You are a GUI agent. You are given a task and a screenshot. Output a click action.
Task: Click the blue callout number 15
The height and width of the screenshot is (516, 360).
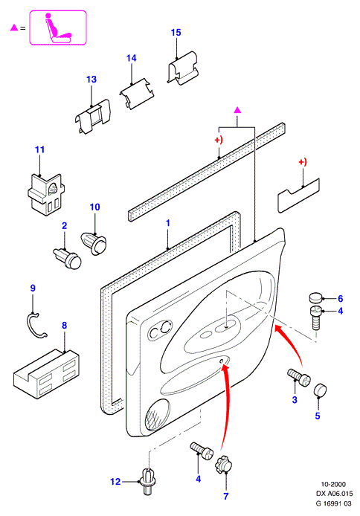(x=176, y=33)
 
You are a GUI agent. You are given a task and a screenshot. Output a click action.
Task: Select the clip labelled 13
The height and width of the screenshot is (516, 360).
(x=92, y=116)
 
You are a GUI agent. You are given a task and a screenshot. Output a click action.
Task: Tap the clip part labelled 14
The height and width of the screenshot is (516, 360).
(x=137, y=94)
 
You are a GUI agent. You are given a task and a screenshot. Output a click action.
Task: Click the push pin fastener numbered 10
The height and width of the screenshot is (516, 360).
(x=94, y=243)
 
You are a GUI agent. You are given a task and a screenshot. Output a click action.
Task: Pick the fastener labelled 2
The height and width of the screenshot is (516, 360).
(x=68, y=259)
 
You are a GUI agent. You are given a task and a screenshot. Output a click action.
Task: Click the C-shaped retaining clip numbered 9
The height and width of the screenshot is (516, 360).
(x=36, y=326)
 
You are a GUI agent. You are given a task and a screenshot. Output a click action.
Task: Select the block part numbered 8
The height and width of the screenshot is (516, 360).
(x=46, y=373)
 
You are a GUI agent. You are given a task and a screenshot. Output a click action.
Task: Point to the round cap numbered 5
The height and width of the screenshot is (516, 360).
(x=320, y=390)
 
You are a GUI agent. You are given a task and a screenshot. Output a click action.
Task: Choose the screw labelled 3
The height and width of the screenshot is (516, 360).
(x=299, y=377)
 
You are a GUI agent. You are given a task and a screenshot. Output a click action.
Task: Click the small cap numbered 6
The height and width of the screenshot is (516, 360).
(x=316, y=298)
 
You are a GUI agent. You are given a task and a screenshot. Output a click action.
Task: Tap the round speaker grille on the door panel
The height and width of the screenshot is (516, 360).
(x=158, y=414)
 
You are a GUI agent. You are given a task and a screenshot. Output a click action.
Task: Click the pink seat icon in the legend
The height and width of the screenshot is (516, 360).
(x=58, y=28)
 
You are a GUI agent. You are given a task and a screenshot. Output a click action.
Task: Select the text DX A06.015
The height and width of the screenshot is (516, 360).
(x=334, y=494)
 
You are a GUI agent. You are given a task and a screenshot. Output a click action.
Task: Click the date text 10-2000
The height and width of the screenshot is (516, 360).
(x=333, y=484)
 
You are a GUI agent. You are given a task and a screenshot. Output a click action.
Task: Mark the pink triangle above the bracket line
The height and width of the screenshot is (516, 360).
(x=237, y=110)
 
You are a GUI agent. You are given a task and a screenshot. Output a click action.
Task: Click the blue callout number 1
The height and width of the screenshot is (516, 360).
(x=168, y=223)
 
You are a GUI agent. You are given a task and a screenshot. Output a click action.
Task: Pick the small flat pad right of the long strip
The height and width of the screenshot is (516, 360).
(x=298, y=196)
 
